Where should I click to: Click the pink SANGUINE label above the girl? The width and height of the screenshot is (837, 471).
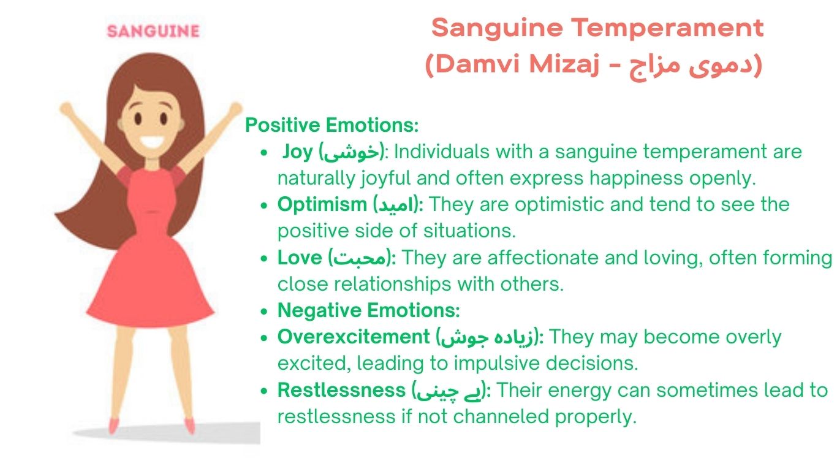pos(153,31)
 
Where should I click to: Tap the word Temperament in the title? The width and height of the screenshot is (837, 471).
pos(667,28)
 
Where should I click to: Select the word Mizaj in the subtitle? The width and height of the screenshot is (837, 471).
pos(564,64)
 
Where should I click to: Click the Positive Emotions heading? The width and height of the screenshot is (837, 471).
pos(332,125)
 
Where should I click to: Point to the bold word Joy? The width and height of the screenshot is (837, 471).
pos(297,152)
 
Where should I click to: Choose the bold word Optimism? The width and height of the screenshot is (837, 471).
pos(322,205)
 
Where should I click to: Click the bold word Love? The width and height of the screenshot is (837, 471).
pos(300,258)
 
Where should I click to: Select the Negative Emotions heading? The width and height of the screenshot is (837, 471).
pos(369,310)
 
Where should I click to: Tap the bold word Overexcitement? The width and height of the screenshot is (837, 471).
pos(354,337)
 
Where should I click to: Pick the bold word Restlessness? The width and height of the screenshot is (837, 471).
pos(341,390)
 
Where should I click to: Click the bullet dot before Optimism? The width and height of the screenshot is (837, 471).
pos(264,205)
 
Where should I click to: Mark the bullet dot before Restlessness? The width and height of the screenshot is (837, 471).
pos(264,391)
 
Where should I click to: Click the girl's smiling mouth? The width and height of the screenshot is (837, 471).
pos(152,142)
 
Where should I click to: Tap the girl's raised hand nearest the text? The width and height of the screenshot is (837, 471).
pos(235,109)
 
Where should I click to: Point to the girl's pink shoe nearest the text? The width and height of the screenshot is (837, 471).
pos(190,426)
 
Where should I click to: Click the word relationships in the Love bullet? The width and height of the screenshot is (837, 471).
pos(393,285)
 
